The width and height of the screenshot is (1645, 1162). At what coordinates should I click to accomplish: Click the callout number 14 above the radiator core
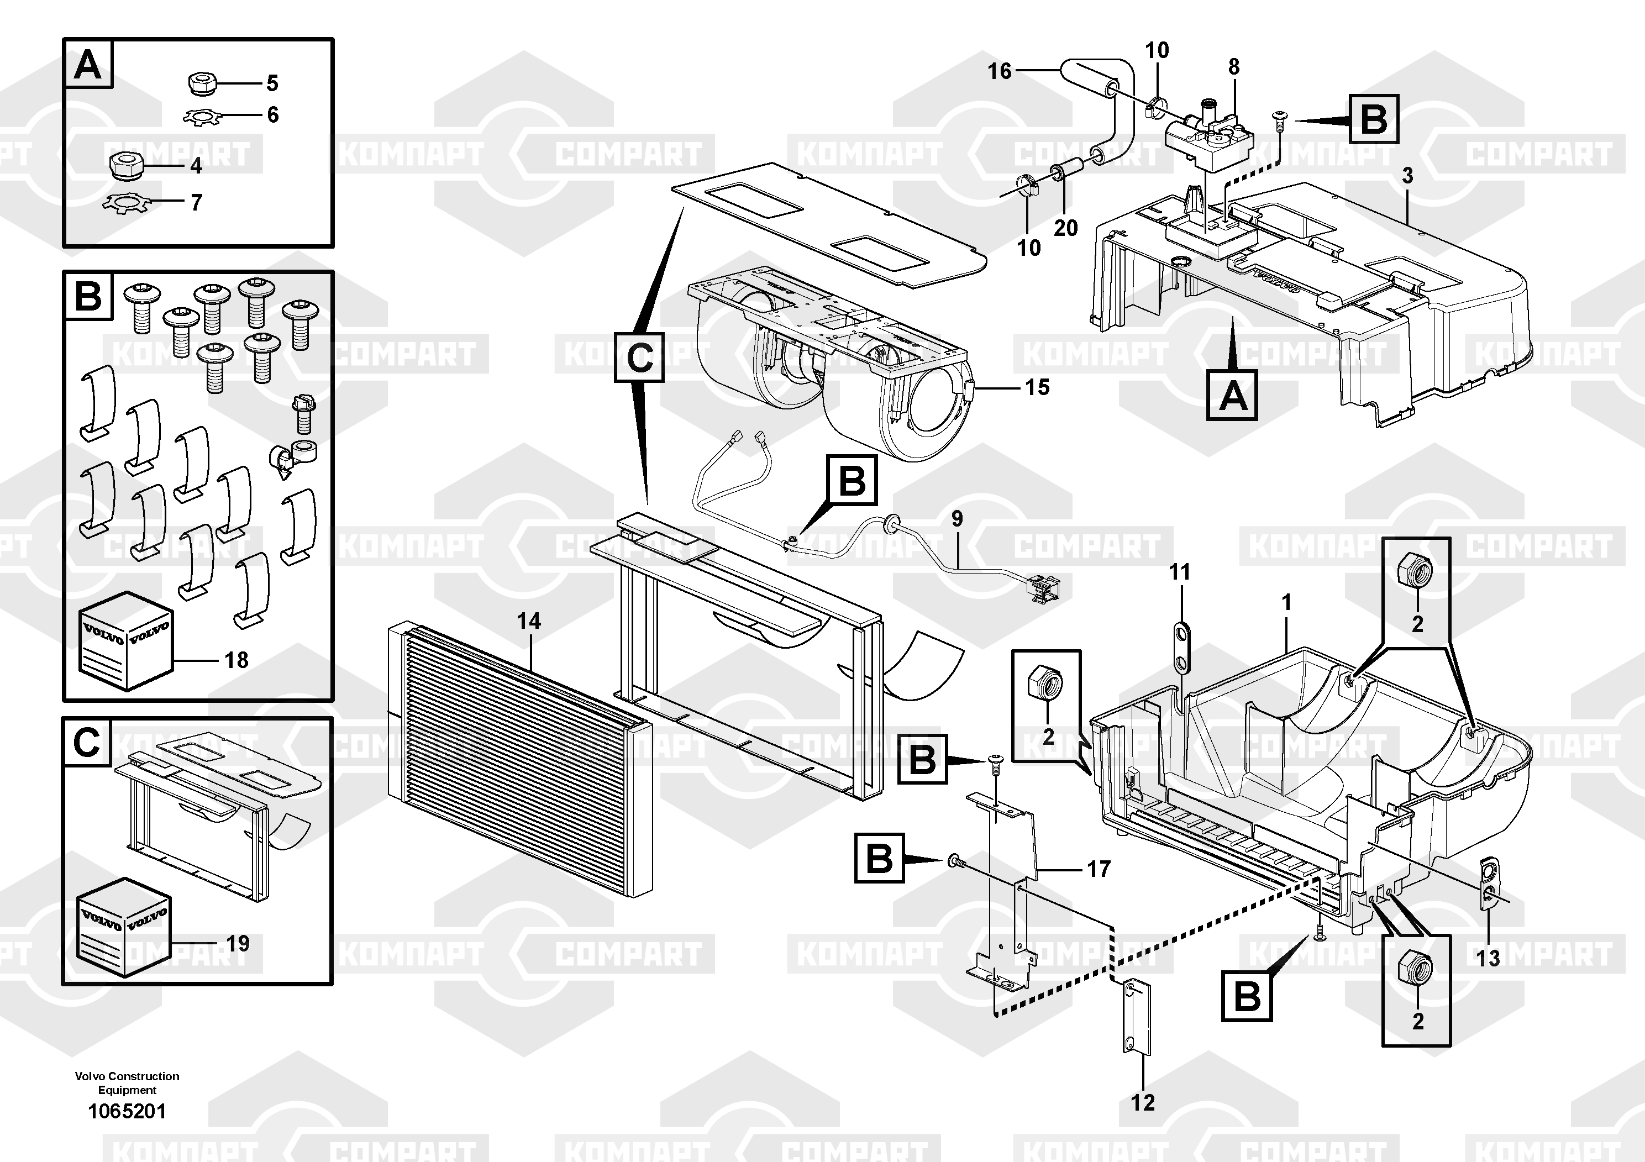point(529,621)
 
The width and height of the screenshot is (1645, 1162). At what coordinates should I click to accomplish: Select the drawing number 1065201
point(127,1111)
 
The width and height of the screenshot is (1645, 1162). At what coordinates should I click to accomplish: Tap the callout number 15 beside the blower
point(1037,387)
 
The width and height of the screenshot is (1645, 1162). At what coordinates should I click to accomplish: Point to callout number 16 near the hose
point(1000,71)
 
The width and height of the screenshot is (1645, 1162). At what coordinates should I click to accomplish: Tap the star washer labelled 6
point(205,116)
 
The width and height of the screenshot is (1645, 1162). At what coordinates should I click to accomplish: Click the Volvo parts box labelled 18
point(126,641)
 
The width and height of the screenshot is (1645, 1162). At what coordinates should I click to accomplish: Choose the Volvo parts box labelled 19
point(123,927)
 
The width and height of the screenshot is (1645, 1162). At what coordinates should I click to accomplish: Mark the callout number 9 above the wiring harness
point(956,519)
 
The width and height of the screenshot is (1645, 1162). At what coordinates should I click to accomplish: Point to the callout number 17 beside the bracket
point(1099,869)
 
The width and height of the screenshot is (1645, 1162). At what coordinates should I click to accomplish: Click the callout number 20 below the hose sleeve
point(1065,228)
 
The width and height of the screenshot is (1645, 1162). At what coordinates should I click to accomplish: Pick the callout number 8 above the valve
point(1234,67)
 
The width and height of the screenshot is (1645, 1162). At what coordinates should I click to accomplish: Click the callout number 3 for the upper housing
point(1407,176)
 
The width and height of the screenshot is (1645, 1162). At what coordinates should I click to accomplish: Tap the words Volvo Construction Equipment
point(127,1082)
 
